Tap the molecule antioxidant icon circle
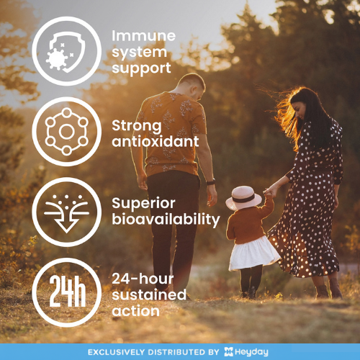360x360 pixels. point(66,131)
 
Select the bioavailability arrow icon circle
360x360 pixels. point(66,212)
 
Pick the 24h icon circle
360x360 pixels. point(66,292)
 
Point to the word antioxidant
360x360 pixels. point(155,141)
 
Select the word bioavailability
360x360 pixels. point(165,219)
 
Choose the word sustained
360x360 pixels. point(149,295)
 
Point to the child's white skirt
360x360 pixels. point(253,253)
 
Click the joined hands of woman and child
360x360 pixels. point(269,192)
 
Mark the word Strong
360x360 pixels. point(136,125)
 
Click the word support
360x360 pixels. point(141,68)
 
